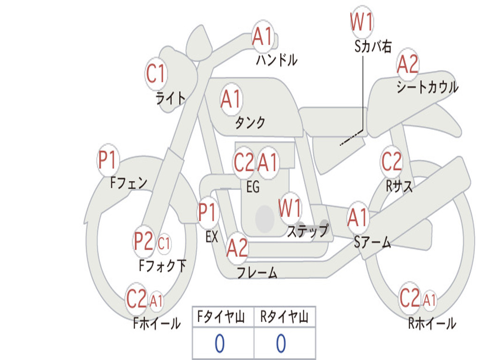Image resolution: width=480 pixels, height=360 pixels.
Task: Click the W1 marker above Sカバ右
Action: point(362,22)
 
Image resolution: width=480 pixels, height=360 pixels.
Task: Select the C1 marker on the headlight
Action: point(156,74)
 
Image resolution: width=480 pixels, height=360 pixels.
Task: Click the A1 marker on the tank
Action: point(232,99)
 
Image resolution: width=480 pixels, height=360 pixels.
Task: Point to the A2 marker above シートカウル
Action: point(407,64)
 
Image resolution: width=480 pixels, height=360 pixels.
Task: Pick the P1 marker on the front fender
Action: point(108,160)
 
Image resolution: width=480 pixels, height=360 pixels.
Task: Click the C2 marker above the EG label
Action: point(244,162)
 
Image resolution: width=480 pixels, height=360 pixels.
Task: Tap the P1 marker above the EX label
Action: point(208,212)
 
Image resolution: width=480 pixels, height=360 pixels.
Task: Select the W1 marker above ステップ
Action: point(290,208)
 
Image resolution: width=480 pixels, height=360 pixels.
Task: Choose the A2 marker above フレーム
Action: point(237,247)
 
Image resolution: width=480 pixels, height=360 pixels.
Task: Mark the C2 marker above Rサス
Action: point(391,161)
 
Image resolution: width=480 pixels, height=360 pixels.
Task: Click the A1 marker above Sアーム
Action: point(358,217)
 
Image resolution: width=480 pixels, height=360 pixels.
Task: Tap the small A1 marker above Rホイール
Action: point(429,300)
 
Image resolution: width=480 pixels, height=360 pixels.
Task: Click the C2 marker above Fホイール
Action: point(136,299)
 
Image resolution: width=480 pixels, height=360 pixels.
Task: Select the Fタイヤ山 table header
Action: point(221,317)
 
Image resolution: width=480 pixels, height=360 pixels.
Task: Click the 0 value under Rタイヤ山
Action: point(281,343)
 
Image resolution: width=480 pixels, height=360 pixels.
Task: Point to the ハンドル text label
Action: point(277,60)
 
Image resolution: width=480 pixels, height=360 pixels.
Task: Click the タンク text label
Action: point(250,122)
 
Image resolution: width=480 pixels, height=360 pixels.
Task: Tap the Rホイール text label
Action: point(432,323)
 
